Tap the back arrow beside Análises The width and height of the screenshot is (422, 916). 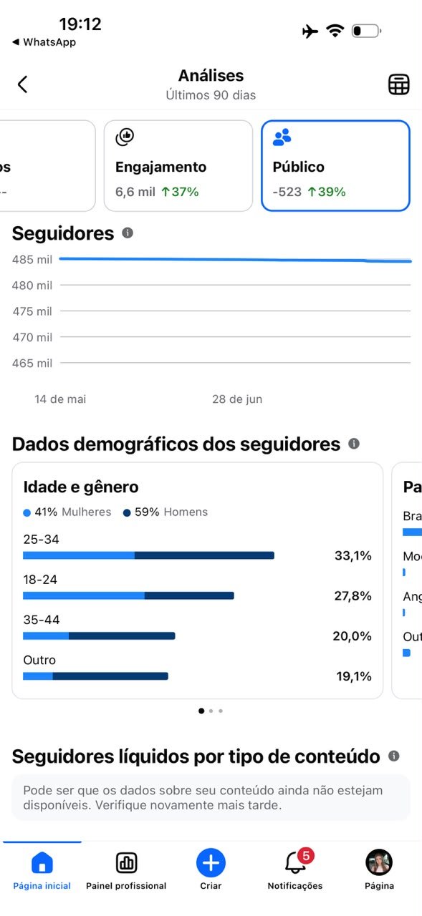(22, 84)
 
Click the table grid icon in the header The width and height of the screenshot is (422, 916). (398, 84)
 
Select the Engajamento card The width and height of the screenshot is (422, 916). (178, 165)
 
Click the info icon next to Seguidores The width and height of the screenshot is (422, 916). (128, 233)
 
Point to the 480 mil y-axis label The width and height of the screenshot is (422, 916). (32, 286)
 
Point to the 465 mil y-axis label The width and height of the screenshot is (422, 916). (32, 363)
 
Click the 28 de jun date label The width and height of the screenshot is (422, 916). (237, 399)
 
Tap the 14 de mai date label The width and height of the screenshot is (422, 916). (60, 399)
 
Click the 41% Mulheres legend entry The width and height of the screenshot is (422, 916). (67, 512)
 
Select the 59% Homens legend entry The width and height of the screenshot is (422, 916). (166, 512)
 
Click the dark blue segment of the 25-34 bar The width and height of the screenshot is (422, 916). (204, 555)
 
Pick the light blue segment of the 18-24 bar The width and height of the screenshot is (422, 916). (84, 595)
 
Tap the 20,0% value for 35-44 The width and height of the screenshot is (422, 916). (352, 636)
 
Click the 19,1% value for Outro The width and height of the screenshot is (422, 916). (354, 676)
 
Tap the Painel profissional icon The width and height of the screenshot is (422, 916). (127, 862)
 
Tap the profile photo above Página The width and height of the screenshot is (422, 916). (379, 862)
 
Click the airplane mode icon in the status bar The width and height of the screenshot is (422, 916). (310, 31)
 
